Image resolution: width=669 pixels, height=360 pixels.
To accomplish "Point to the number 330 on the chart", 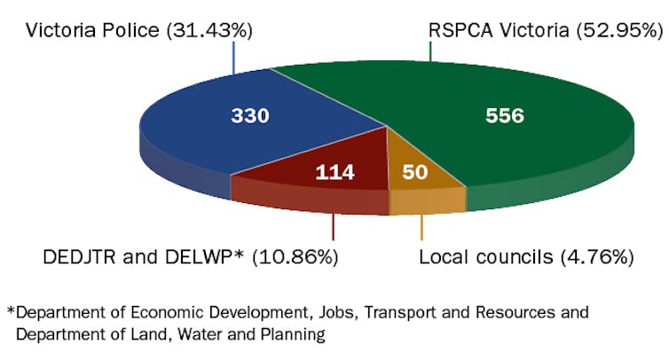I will pyautogui.click(x=249, y=116).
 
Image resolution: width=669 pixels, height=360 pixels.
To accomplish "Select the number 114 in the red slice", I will pyautogui.click(x=334, y=172).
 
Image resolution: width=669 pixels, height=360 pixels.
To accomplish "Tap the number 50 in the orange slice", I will pyautogui.click(x=414, y=172).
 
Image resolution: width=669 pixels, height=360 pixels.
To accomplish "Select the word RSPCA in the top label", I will pyautogui.click(x=456, y=30).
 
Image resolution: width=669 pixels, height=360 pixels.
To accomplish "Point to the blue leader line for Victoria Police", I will pyautogui.click(x=233, y=57).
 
